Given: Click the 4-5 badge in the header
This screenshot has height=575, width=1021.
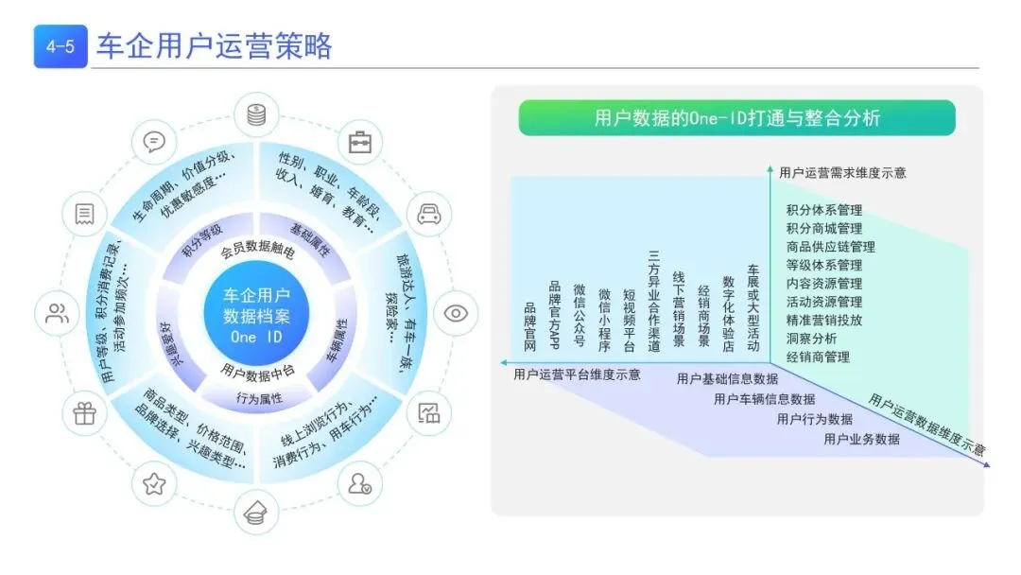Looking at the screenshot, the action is [61, 46].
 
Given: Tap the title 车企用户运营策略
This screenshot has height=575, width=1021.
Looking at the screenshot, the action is [215, 46].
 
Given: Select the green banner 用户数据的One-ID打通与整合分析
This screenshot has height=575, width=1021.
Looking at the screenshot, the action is [736, 118].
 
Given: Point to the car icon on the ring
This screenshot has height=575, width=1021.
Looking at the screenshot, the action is [429, 214].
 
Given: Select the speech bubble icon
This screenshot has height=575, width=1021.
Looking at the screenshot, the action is [153, 142].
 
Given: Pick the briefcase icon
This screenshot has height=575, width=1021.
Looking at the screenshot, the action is [359, 143].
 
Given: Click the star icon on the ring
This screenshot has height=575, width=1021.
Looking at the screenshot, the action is [153, 485].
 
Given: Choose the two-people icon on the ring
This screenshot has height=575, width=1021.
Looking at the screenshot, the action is [58, 314].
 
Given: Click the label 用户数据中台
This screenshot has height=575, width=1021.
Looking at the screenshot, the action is [257, 370].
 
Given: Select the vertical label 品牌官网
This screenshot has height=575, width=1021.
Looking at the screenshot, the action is [529, 327].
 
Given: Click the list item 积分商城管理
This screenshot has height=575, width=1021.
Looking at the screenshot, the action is [823, 228].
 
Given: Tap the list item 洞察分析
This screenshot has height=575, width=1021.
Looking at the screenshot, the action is [811, 339].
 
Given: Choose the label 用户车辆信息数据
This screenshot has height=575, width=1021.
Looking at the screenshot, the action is [764, 399].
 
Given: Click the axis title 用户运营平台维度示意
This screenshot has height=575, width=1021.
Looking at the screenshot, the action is [577, 375].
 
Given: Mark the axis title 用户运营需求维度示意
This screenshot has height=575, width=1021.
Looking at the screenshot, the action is [842, 172].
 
